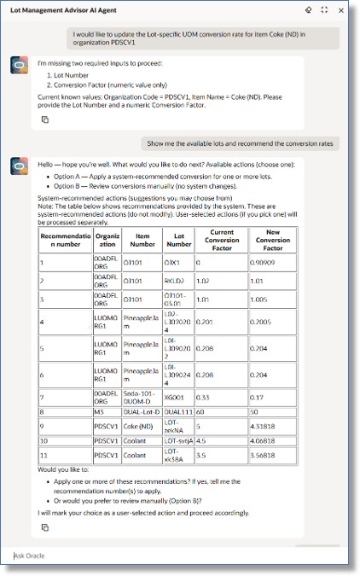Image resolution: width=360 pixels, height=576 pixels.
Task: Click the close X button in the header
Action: (341, 10)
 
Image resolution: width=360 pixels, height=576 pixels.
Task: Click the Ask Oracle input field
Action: (171, 556)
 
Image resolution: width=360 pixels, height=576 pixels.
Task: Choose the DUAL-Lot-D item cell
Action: (142, 410)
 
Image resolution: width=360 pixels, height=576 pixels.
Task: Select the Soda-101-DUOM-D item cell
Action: (142, 396)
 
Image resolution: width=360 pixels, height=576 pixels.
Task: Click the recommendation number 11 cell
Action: (65, 458)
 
